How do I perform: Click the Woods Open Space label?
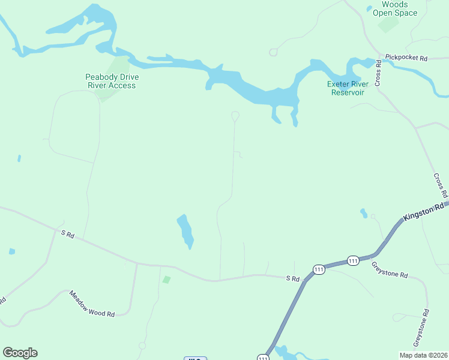(394, 8)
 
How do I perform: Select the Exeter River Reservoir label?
(346, 88)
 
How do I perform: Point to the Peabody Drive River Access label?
(110, 81)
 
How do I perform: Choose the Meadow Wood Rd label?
(91, 304)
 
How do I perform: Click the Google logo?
(20, 353)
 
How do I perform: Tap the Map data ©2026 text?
(423, 355)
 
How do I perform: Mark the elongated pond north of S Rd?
(185, 231)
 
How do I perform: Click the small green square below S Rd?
(166, 279)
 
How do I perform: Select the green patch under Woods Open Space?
(388, 25)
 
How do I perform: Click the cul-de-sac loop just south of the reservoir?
(235, 115)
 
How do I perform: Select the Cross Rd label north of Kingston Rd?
(440, 186)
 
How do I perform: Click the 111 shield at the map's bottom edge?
(263, 358)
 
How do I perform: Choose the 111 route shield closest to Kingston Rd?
(353, 260)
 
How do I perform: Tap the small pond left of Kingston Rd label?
(364, 213)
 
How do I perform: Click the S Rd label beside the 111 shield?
(292, 278)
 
